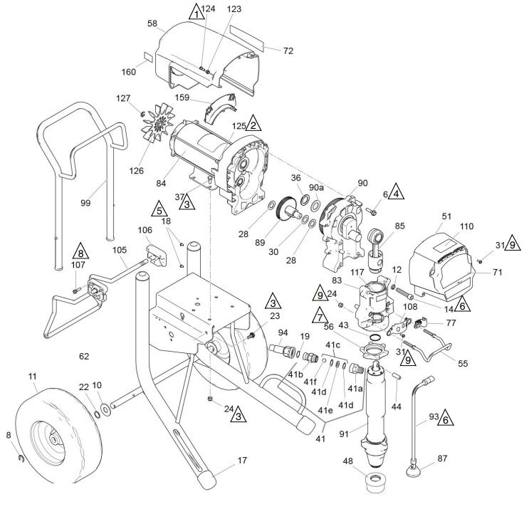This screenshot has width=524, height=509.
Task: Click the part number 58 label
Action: pyautogui.click(x=152, y=23)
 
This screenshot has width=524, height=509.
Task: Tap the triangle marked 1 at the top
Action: pyautogui.click(x=197, y=12)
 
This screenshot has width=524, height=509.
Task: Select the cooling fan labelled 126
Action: pyautogui.click(x=158, y=122)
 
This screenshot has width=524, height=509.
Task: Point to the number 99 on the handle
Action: pyautogui.click(x=85, y=203)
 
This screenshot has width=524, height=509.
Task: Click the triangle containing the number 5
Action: pyautogui.click(x=159, y=209)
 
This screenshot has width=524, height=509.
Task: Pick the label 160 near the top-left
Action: pyautogui.click(x=129, y=72)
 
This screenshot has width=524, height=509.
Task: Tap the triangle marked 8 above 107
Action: pyautogui.click(x=81, y=251)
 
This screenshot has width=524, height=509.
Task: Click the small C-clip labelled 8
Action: pyautogui.click(x=21, y=458)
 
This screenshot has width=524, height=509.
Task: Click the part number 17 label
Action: pyautogui.click(x=242, y=461)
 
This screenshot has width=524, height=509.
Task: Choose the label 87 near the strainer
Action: pyautogui.click(x=442, y=458)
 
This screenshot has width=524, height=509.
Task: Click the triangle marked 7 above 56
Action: pyautogui.click(x=320, y=315)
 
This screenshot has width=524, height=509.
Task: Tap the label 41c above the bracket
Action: pyautogui.click(x=333, y=345)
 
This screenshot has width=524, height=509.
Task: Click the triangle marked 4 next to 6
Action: pyautogui.click(x=396, y=191)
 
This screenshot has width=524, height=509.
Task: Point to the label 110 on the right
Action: pyautogui.click(x=466, y=226)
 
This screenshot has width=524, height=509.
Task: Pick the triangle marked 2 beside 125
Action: pyautogui.click(x=253, y=124)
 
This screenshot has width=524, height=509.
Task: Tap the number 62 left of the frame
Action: pyautogui.click(x=84, y=356)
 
